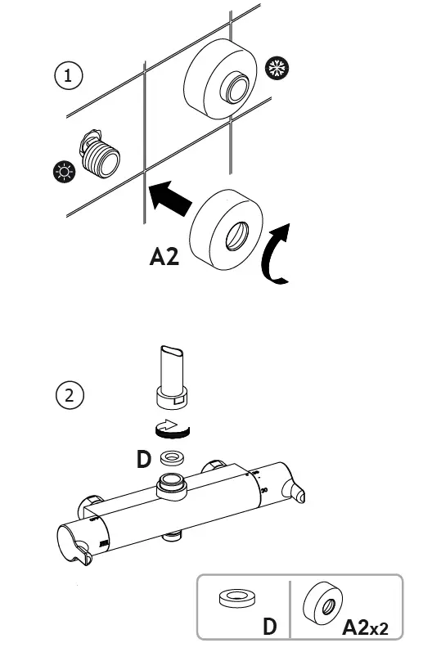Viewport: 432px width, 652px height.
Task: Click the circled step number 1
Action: pos(69,75)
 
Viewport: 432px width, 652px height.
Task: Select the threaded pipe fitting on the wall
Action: pos(98,155)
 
